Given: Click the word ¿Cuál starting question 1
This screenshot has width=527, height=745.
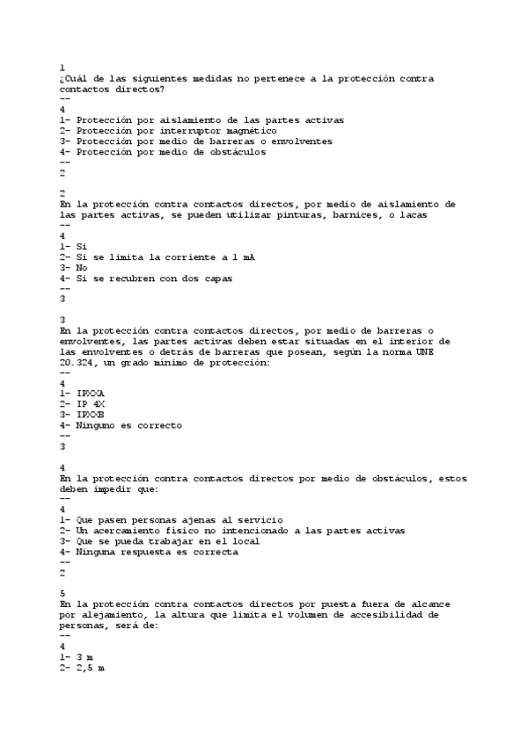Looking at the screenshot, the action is click(74, 79).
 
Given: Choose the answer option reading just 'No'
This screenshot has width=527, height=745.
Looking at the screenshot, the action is click(81, 267).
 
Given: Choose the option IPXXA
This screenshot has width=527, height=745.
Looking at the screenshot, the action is click(90, 393).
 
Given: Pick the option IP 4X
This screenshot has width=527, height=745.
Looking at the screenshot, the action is click(90, 403).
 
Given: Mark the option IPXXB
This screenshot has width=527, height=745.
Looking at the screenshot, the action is click(90, 414).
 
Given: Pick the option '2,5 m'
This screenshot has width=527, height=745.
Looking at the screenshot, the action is click(90, 668).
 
